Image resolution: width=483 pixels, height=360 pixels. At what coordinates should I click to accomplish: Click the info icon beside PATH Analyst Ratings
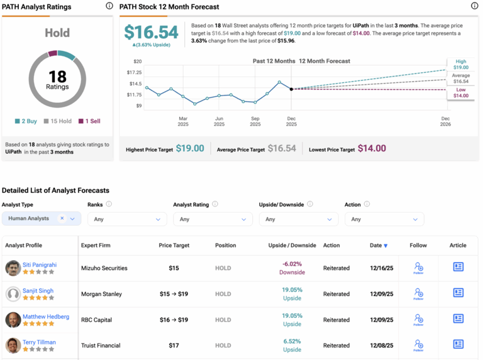coord(109,6)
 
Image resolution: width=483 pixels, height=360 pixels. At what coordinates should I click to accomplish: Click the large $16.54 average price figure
coord(151,33)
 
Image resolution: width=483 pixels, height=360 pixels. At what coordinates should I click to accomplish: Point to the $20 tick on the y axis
coord(137,62)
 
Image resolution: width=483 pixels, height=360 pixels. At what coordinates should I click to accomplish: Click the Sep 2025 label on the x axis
coord(255,121)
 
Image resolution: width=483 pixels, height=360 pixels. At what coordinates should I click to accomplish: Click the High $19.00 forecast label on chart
coord(460,64)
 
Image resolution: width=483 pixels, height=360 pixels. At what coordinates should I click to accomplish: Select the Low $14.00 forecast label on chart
coord(460,92)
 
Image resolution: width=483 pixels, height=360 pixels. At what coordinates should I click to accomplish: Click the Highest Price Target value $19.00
coord(189,149)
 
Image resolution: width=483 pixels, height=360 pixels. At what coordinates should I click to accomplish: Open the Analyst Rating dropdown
coord(213,219)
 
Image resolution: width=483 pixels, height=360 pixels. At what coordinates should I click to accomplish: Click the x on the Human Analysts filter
coord(62,219)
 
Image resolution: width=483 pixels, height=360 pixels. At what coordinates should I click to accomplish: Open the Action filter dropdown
coord(384,219)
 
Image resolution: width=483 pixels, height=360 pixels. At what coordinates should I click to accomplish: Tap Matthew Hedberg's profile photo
coord(13,320)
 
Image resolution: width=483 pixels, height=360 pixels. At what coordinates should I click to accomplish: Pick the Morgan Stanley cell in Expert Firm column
coord(101,294)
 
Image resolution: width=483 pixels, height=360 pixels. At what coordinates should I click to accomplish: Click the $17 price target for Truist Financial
coord(174,346)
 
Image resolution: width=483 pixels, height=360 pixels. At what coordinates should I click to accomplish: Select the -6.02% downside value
coord(292,265)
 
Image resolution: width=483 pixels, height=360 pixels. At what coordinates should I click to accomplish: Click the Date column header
coord(378,246)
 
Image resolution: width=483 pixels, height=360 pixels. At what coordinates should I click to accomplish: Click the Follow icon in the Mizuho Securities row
coord(418,268)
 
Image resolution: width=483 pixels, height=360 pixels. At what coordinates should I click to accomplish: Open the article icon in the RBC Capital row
coord(458,319)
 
